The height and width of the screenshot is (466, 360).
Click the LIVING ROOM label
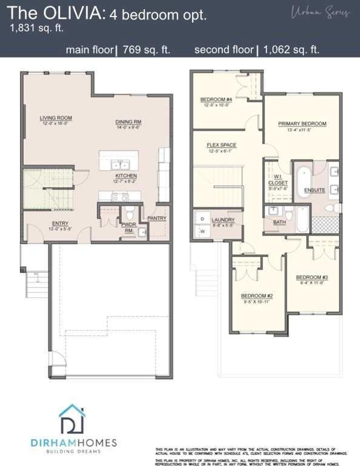(56, 118)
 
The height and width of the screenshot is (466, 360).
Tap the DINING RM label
(128, 122)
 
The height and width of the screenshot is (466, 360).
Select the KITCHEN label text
(126, 175)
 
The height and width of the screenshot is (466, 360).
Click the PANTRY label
(156, 218)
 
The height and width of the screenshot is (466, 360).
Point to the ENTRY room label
(60, 223)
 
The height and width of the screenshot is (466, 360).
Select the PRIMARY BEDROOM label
(302, 124)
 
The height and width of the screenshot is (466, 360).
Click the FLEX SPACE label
(221, 145)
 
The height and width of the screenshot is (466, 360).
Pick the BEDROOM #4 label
(216, 100)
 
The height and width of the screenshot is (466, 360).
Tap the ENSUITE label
(314, 190)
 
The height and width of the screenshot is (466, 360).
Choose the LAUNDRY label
(223, 220)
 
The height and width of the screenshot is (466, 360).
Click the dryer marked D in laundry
(202, 219)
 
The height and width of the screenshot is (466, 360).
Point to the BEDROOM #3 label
(311, 277)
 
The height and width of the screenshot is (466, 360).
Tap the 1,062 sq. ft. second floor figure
(291, 50)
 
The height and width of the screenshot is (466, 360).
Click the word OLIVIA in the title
(73, 14)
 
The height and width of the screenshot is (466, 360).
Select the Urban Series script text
(320, 12)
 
